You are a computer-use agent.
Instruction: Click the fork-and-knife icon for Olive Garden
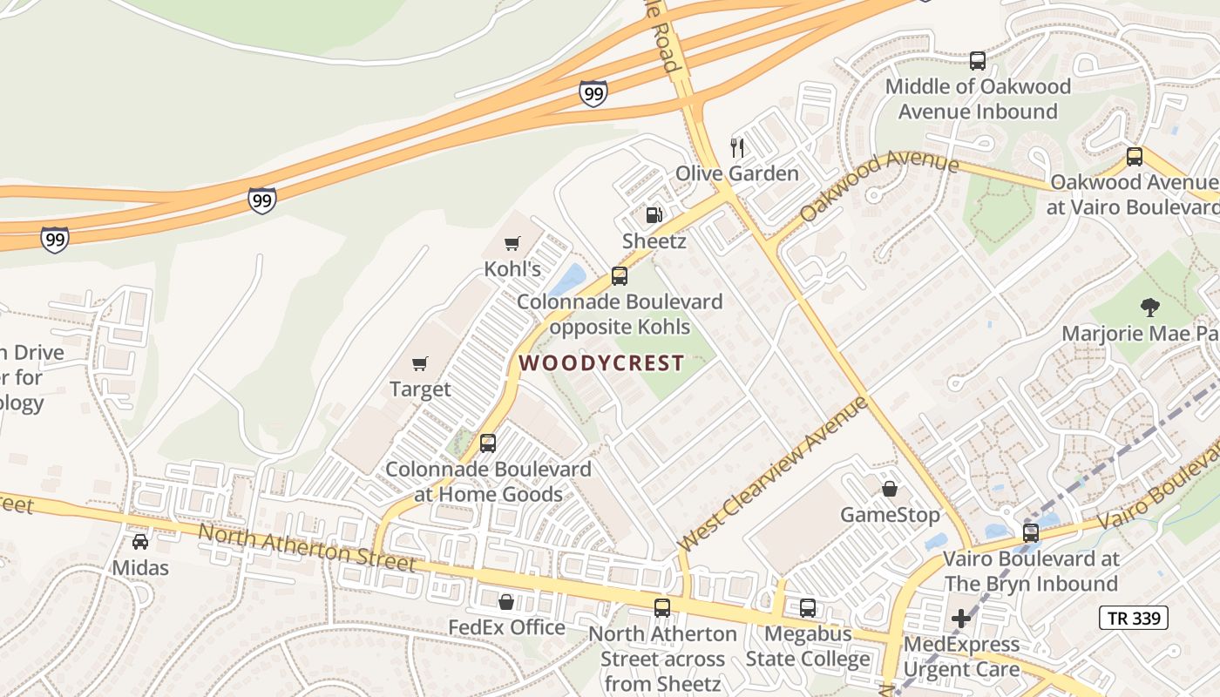737,146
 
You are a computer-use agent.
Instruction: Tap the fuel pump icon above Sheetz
654,214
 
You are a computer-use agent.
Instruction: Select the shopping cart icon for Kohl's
512,243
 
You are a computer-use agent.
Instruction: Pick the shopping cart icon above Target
420,363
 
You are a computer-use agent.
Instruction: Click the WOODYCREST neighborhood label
601,363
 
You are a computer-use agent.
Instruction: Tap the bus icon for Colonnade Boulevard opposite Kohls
620,276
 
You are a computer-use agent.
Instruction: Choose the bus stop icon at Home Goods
488,443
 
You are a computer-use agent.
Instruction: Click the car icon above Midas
140,542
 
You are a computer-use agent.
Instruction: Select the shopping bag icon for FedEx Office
505,602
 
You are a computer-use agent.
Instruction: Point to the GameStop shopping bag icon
890,489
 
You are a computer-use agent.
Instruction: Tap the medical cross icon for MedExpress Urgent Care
961,619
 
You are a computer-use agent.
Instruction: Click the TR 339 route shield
1133,619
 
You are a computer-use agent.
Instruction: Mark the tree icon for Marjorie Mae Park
1150,307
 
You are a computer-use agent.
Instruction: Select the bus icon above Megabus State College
808,608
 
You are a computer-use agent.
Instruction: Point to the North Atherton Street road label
307,547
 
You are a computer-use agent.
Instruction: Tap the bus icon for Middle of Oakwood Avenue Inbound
978,61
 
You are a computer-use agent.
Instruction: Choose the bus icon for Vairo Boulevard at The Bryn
1031,532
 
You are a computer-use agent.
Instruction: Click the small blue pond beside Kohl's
567,280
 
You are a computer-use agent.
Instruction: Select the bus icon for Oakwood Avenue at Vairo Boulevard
1135,157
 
